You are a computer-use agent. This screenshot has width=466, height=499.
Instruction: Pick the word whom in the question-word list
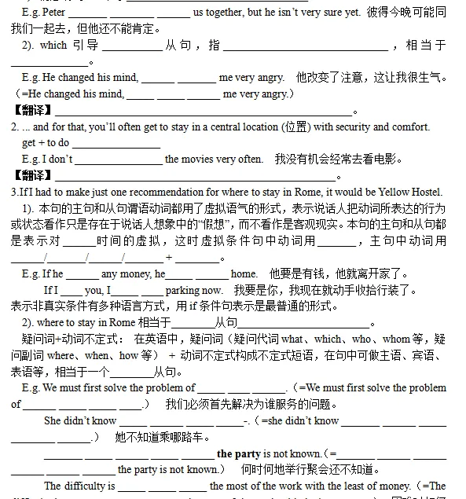point(397,339)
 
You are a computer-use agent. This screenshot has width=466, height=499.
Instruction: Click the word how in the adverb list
point(128,355)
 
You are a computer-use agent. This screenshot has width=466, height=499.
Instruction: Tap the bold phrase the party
point(238,453)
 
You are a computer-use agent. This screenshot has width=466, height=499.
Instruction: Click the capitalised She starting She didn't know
point(53,421)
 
